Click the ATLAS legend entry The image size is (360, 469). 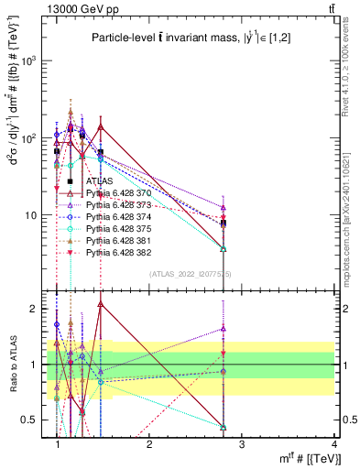coord(99,181)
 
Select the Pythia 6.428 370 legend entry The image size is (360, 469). coord(118,193)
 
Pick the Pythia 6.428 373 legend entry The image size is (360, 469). coord(118,205)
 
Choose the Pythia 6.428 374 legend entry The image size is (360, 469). coord(118,216)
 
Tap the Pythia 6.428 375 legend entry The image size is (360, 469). coord(118,228)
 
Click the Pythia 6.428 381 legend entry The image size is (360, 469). coord(118,239)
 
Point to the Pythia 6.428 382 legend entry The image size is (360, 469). coord(118,251)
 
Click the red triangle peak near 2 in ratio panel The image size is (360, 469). coord(100,303)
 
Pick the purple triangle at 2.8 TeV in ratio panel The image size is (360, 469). coord(224,328)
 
